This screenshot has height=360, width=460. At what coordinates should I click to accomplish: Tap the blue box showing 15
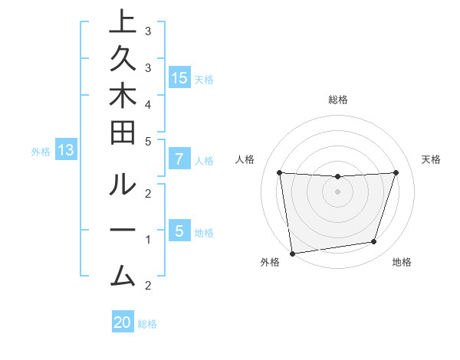(x=179, y=78)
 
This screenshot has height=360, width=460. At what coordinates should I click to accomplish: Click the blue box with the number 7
(x=179, y=160)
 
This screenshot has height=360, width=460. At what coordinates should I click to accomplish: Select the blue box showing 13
(x=66, y=151)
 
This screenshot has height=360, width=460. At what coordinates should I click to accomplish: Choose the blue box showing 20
(x=123, y=322)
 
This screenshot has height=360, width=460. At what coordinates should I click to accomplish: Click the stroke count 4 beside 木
(x=148, y=103)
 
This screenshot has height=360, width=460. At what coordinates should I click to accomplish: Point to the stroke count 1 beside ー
(x=148, y=240)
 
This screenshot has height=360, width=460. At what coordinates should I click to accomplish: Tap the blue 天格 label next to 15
(x=204, y=79)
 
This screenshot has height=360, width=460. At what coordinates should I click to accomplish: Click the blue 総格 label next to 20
(x=147, y=324)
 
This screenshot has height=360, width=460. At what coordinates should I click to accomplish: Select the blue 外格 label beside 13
(x=41, y=152)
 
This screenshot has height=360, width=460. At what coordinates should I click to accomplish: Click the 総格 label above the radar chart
(x=338, y=100)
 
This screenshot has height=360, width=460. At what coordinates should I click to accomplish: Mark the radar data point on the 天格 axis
(x=396, y=172)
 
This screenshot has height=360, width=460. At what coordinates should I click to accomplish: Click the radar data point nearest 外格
(x=292, y=253)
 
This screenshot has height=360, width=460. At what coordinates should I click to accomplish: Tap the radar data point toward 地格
(x=374, y=242)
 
